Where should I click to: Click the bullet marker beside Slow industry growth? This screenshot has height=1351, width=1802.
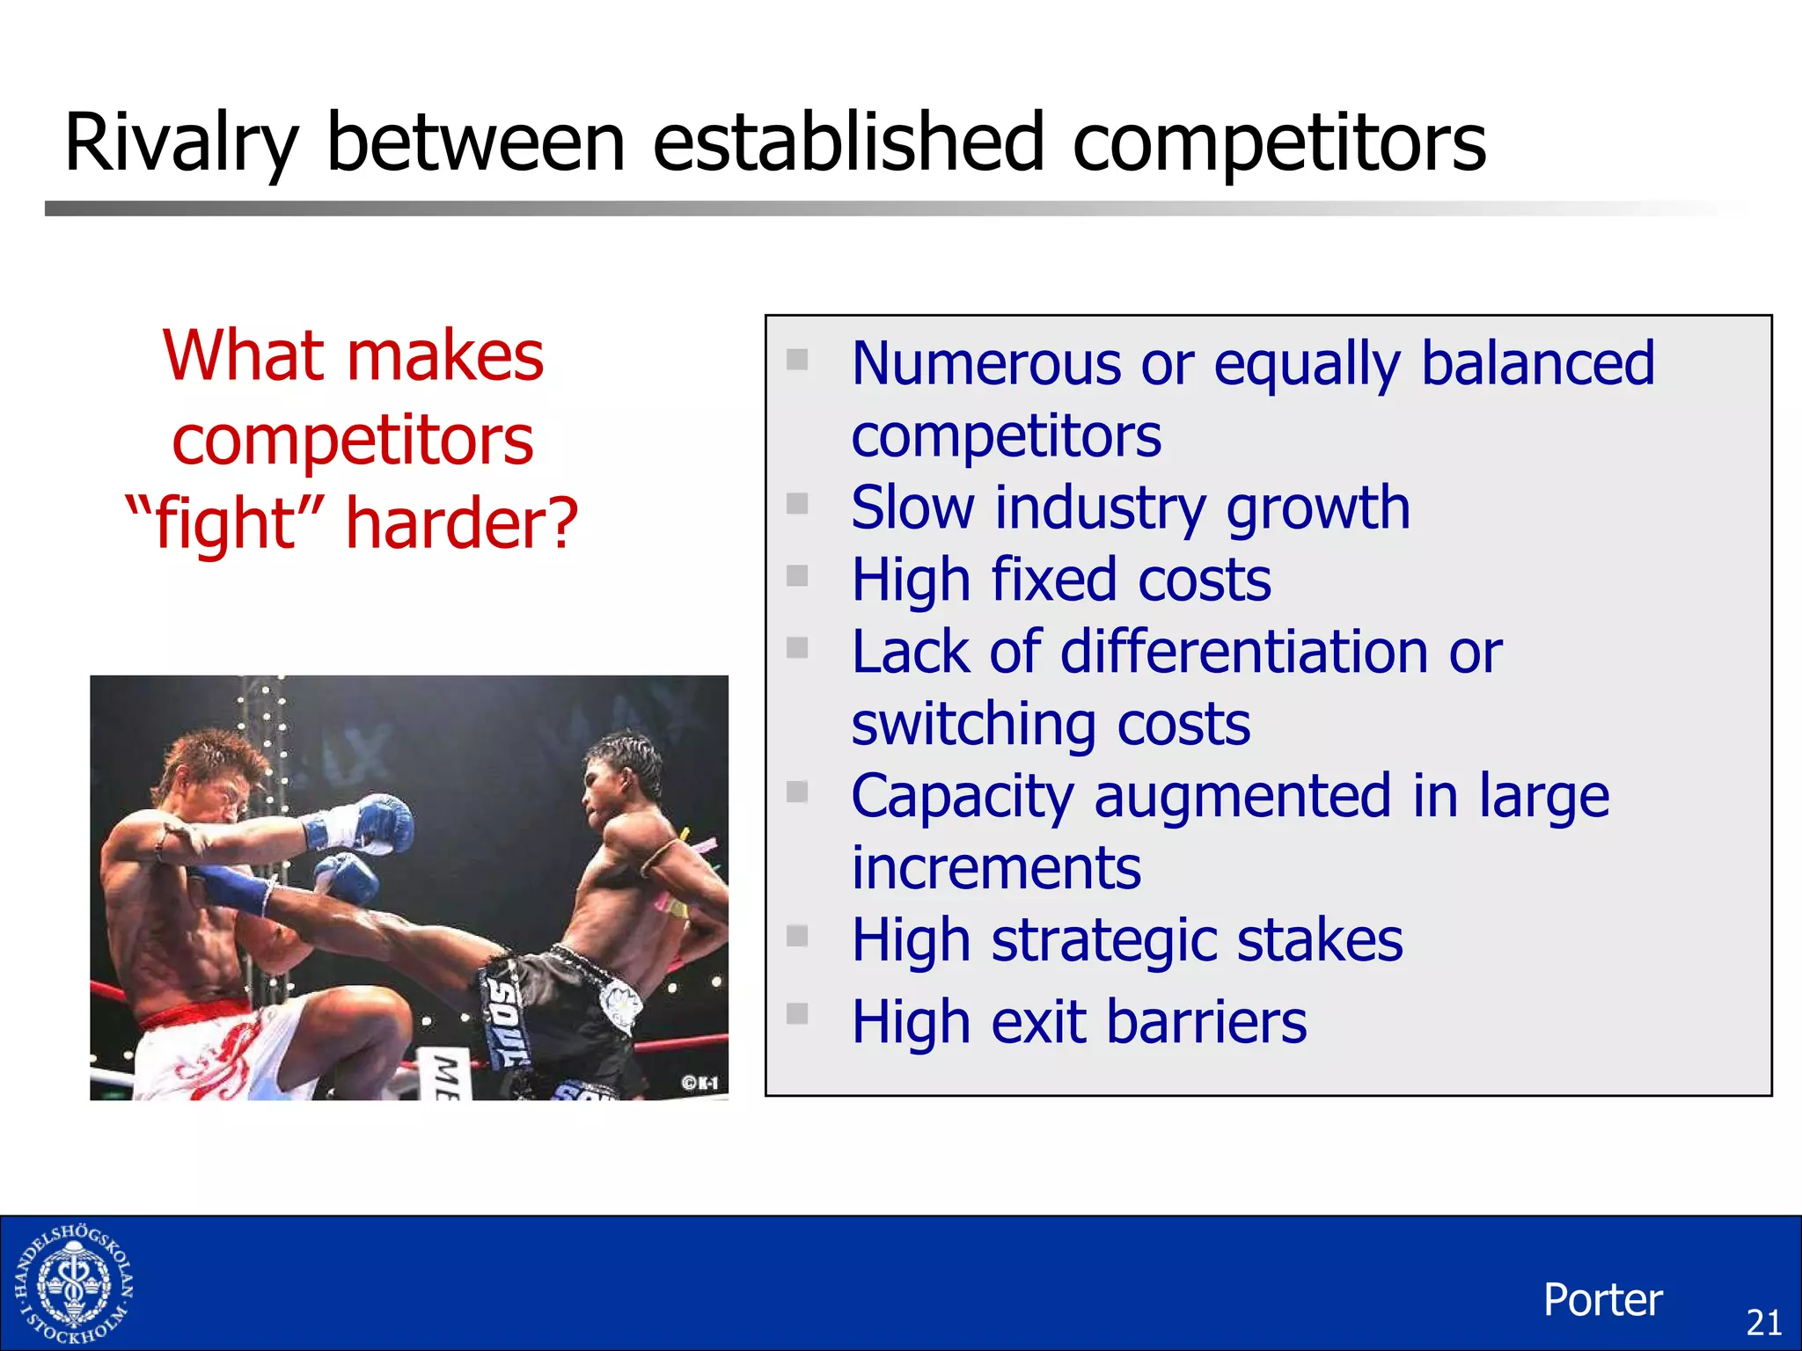click(797, 503)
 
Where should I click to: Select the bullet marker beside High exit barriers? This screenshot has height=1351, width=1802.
click(797, 1013)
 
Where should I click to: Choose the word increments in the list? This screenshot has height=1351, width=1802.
click(996, 869)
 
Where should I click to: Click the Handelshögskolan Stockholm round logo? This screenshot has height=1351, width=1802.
click(74, 1284)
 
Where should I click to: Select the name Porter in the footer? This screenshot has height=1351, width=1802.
click(1602, 1300)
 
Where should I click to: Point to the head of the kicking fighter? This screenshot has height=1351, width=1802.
click(620, 774)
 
